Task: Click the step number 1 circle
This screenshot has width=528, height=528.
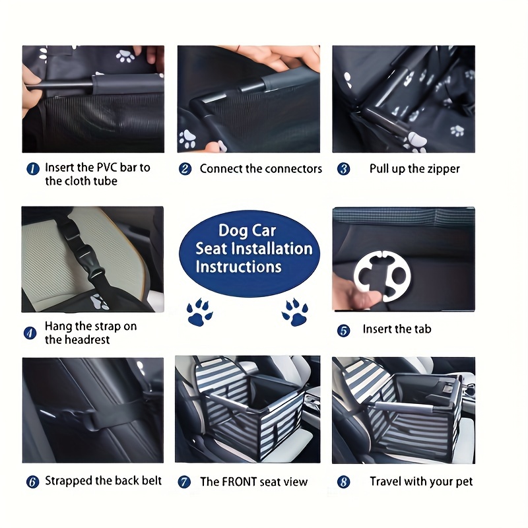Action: pyautogui.click(x=33, y=169)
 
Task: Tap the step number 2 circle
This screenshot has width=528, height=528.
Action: pyautogui.click(x=185, y=169)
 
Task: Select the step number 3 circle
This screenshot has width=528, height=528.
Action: pyautogui.click(x=343, y=169)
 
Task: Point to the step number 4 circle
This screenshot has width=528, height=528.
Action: pyautogui.click(x=30, y=333)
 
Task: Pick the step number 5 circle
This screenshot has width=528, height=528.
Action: pyautogui.click(x=343, y=331)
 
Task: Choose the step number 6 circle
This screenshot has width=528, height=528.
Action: pyautogui.click(x=32, y=482)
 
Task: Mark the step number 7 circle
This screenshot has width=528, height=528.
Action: pyautogui.click(x=184, y=482)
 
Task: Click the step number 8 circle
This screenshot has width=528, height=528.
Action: pyautogui.click(x=343, y=482)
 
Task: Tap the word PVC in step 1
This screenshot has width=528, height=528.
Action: pyautogui.click(x=107, y=168)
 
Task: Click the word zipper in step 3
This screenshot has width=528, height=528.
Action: pyautogui.click(x=444, y=169)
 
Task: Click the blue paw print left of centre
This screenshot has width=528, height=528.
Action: pyautogui.click(x=199, y=312)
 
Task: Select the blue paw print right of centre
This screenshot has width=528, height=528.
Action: pyautogui.click(x=295, y=312)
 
